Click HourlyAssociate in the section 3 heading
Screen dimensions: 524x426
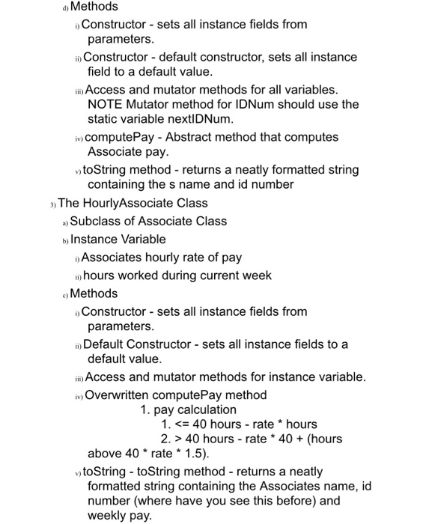[127, 203]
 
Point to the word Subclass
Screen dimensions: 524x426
[97, 221]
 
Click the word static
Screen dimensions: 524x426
[104, 119]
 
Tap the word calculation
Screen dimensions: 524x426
[205, 409]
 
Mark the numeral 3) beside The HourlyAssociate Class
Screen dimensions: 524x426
[50, 204]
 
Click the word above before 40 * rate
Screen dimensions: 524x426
[105, 453]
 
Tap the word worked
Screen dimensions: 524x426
[156, 275]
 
